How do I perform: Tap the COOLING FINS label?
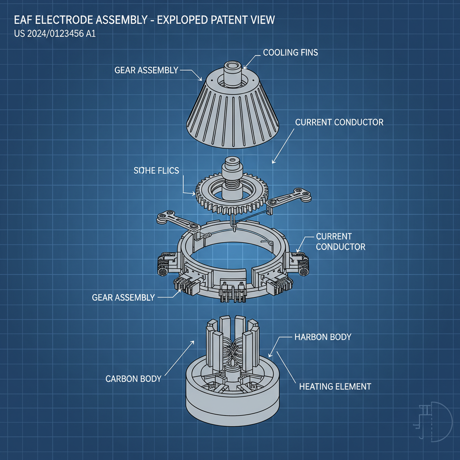(x=290, y=53)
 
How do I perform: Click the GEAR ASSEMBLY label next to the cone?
(x=146, y=70)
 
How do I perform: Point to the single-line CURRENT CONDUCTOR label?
(x=339, y=122)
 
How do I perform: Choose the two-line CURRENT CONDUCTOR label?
(x=341, y=241)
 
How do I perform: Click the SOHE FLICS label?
(x=156, y=170)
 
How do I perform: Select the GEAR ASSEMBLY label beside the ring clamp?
(x=123, y=297)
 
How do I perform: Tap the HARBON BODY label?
(x=323, y=337)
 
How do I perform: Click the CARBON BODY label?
(x=133, y=379)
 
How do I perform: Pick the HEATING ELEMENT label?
(x=335, y=386)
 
